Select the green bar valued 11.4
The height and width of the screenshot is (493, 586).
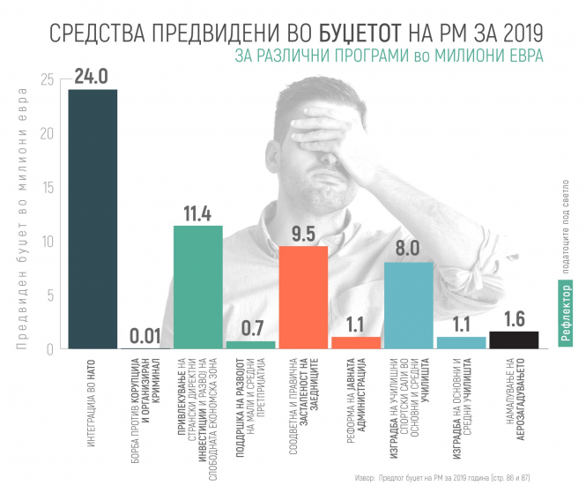(x=197, y=287)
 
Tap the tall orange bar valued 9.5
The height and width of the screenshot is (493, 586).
(x=303, y=297)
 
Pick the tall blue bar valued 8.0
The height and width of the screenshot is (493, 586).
(x=408, y=305)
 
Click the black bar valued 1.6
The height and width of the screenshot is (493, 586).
(x=514, y=340)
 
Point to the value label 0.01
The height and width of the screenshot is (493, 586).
(x=145, y=336)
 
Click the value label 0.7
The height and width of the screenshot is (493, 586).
(x=249, y=328)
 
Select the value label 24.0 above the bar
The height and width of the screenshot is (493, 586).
(x=93, y=76)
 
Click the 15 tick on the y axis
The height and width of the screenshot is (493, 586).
(x=47, y=188)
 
